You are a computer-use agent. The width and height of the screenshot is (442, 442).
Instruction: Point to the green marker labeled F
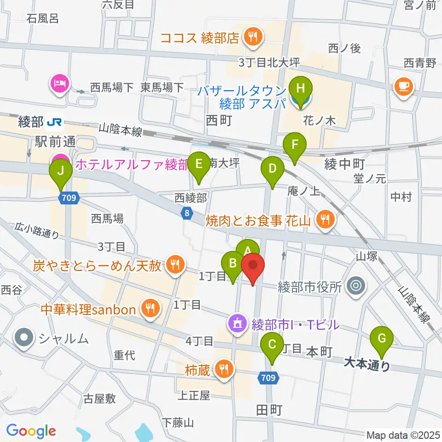[x=295, y=147]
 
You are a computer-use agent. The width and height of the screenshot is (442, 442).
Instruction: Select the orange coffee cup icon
[x=403, y=87]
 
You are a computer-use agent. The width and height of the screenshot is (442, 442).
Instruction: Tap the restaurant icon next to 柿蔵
[x=224, y=369]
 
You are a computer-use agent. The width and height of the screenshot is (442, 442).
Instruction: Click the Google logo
[x=31, y=431]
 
